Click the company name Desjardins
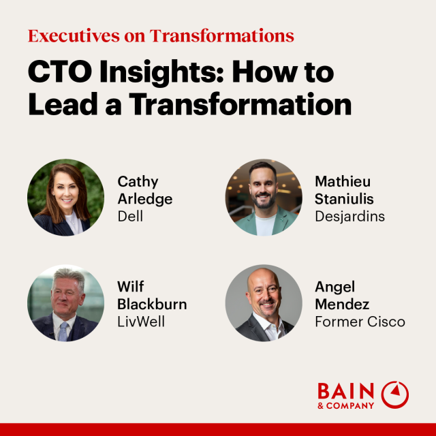(x=349, y=217)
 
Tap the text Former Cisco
(x=360, y=321)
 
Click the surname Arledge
(x=145, y=199)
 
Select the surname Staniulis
(x=344, y=199)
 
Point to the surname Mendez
(x=342, y=303)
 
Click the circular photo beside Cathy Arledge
(x=66, y=198)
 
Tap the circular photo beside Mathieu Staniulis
(x=264, y=198)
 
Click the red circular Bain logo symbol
(x=395, y=394)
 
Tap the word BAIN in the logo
(x=345, y=392)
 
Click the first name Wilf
(x=130, y=285)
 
